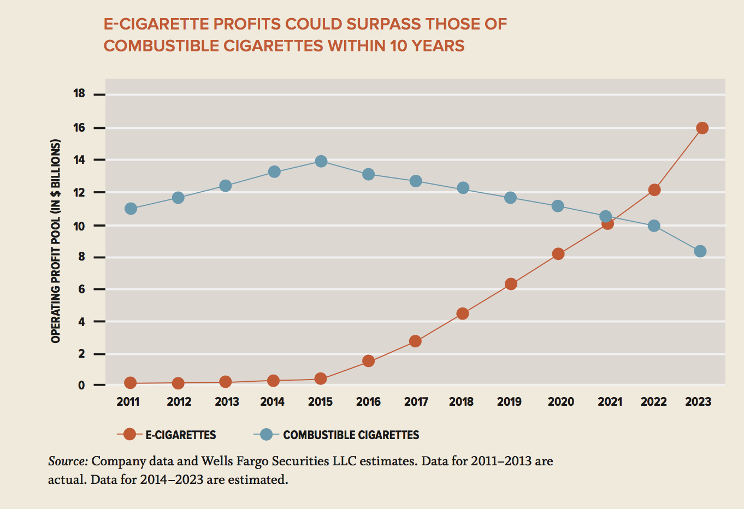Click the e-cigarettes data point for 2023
pyautogui.click(x=702, y=128)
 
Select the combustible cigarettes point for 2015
pyautogui.click(x=321, y=161)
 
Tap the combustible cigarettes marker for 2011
pyautogui.click(x=131, y=209)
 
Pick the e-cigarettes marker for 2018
pyautogui.click(x=463, y=313)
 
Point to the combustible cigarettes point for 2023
pyautogui.click(x=700, y=251)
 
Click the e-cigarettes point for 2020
pyautogui.click(x=558, y=253)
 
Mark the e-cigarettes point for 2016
pyautogui.click(x=368, y=361)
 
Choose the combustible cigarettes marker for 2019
pyautogui.click(x=510, y=197)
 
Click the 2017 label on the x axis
pyautogui.click(x=416, y=402)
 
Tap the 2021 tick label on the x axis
pyautogui.click(x=610, y=402)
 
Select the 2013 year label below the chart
pyautogui.click(x=227, y=402)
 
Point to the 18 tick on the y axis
pyautogui.click(x=79, y=93)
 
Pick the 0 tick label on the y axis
pyautogui.click(x=81, y=385)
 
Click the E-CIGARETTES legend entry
pyautogui.click(x=180, y=435)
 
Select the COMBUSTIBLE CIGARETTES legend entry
pyautogui.click(x=351, y=435)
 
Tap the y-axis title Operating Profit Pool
pyautogui.click(x=55, y=241)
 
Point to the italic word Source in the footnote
pyautogui.click(x=68, y=461)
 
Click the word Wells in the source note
pyautogui.click(x=219, y=461)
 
